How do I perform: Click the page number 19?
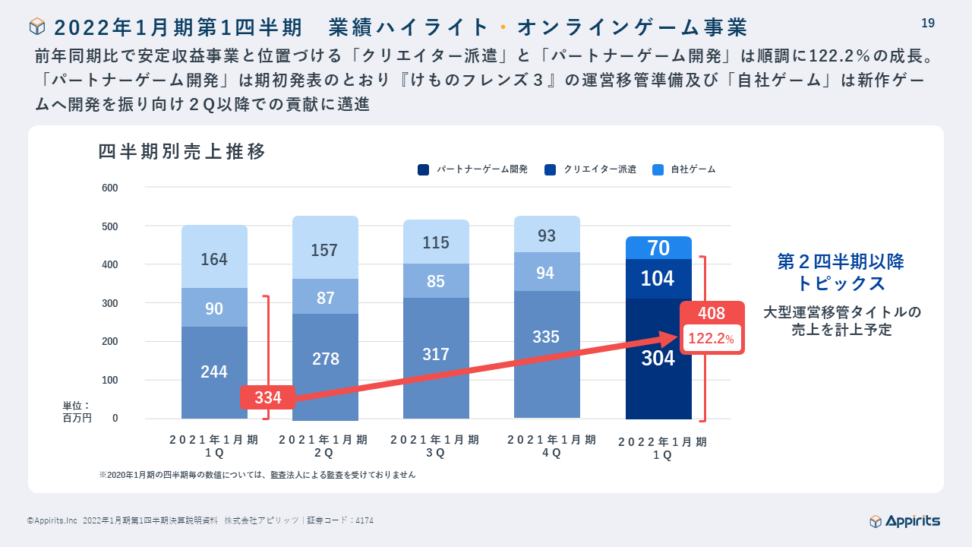coord(927,24)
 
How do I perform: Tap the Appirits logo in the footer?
coord(904,520)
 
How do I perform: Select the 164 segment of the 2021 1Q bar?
coord(214,258)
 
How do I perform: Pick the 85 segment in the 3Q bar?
coord(436,280)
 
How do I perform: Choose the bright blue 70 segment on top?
coord(658,248)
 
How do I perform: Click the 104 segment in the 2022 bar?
coord(658,278)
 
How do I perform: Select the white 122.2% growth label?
coord(712,338)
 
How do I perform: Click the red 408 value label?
coord(712,313)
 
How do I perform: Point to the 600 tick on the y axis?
coord(110,188)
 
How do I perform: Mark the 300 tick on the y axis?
coord(110,303)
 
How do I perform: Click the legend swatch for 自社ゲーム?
coord(658,169)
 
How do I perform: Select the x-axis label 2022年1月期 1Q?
coord(662,448)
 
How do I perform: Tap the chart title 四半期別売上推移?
coord(182,152)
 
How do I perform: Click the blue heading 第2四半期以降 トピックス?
coord(841,273)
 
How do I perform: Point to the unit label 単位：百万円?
coord(77,412)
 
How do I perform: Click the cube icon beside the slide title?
coord(37,27)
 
